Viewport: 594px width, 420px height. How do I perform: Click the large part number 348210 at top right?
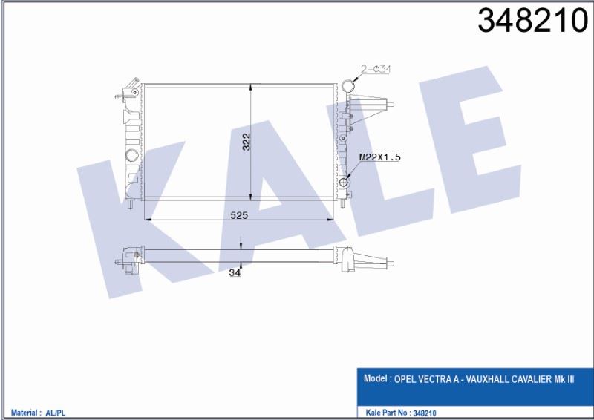532,21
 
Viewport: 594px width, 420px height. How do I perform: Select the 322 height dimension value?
247,142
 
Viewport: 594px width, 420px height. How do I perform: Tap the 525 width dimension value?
239,215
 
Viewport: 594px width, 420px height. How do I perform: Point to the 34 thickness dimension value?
235,272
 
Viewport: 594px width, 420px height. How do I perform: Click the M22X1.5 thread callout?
379,157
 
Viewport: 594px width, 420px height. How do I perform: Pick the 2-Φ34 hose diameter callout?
376,69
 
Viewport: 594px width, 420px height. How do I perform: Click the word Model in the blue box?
375,378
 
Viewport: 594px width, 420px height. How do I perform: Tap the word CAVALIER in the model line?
532,379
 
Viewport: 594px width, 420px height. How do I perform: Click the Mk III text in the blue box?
564,379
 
